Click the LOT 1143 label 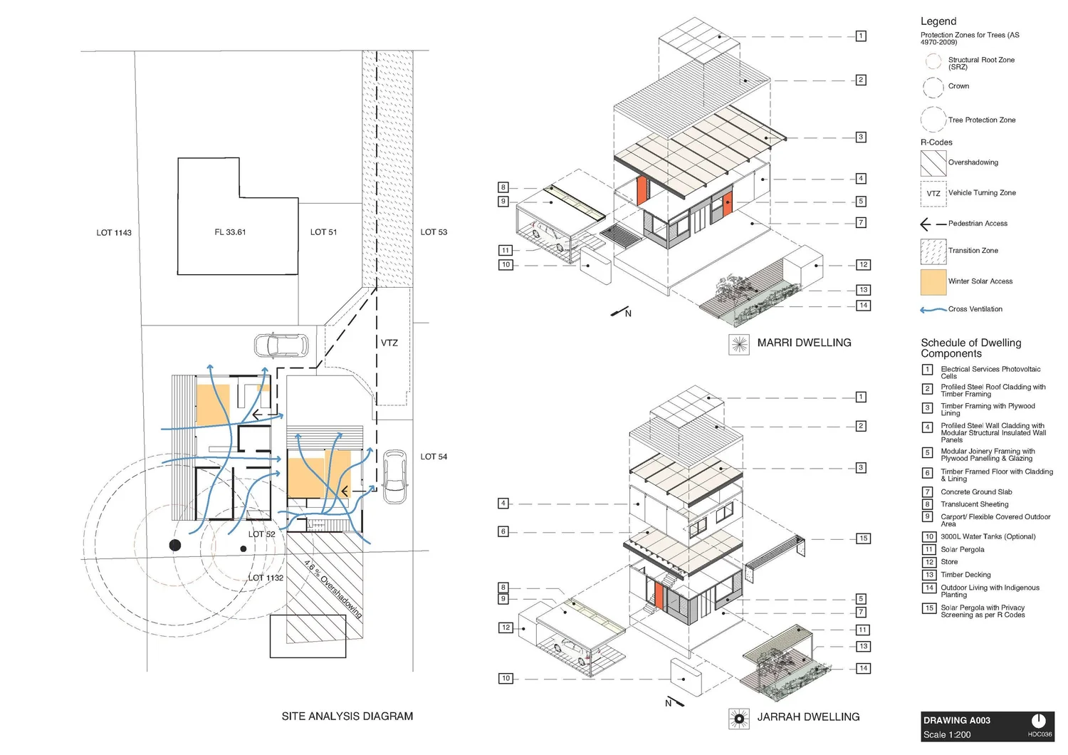click(114, 233)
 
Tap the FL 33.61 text click(230, 232)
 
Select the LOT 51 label click(323, 232)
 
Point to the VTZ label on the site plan click(389, 343)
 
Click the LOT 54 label click(434, 457)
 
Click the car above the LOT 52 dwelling click(281, 345)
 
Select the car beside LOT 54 click(394, 476)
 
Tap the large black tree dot click(174, 545)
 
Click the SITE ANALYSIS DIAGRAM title click(347, 716)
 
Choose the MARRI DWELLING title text click(804, 343)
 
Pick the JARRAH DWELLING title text click(808, 717)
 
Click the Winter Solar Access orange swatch click(933, 282)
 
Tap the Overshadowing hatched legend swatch click(933, 163)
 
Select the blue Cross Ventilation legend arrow click(933, 310)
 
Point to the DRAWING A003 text click(956, 720)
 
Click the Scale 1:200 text click(946, 734)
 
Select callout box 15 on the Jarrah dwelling click(863, 538)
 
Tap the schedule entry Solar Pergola click(962, 549)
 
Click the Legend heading click(938, 21)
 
